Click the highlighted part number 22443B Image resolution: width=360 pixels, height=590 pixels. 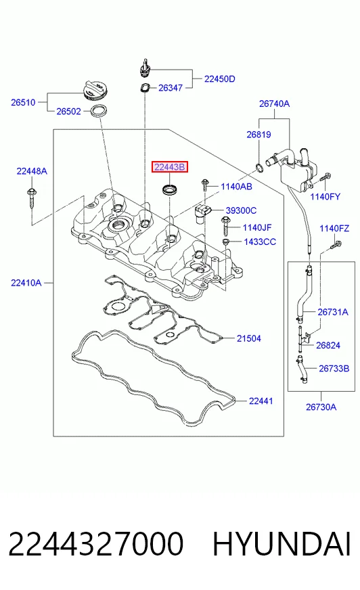[170, 166]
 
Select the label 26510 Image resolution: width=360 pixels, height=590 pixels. [23, 102]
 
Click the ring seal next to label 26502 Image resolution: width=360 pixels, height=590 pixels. [96, 111]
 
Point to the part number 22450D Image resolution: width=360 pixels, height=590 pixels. [220, 78]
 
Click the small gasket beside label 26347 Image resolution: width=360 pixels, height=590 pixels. [143, 88]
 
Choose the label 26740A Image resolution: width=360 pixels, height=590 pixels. [274, 104]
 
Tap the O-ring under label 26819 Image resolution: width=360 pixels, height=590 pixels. [259, 167]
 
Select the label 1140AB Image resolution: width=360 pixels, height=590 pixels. [236, 187]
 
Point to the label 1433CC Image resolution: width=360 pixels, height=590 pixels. [260, 242]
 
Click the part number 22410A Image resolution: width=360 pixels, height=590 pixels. [26, 283]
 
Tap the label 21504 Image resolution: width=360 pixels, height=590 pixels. [248, 338]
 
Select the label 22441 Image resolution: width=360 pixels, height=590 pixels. [261, 401]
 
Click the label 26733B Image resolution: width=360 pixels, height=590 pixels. [334, 368]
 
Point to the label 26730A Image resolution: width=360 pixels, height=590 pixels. [321, 407]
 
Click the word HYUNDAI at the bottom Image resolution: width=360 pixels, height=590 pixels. [282, 544]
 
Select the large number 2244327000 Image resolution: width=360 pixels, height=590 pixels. [96, 544]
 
